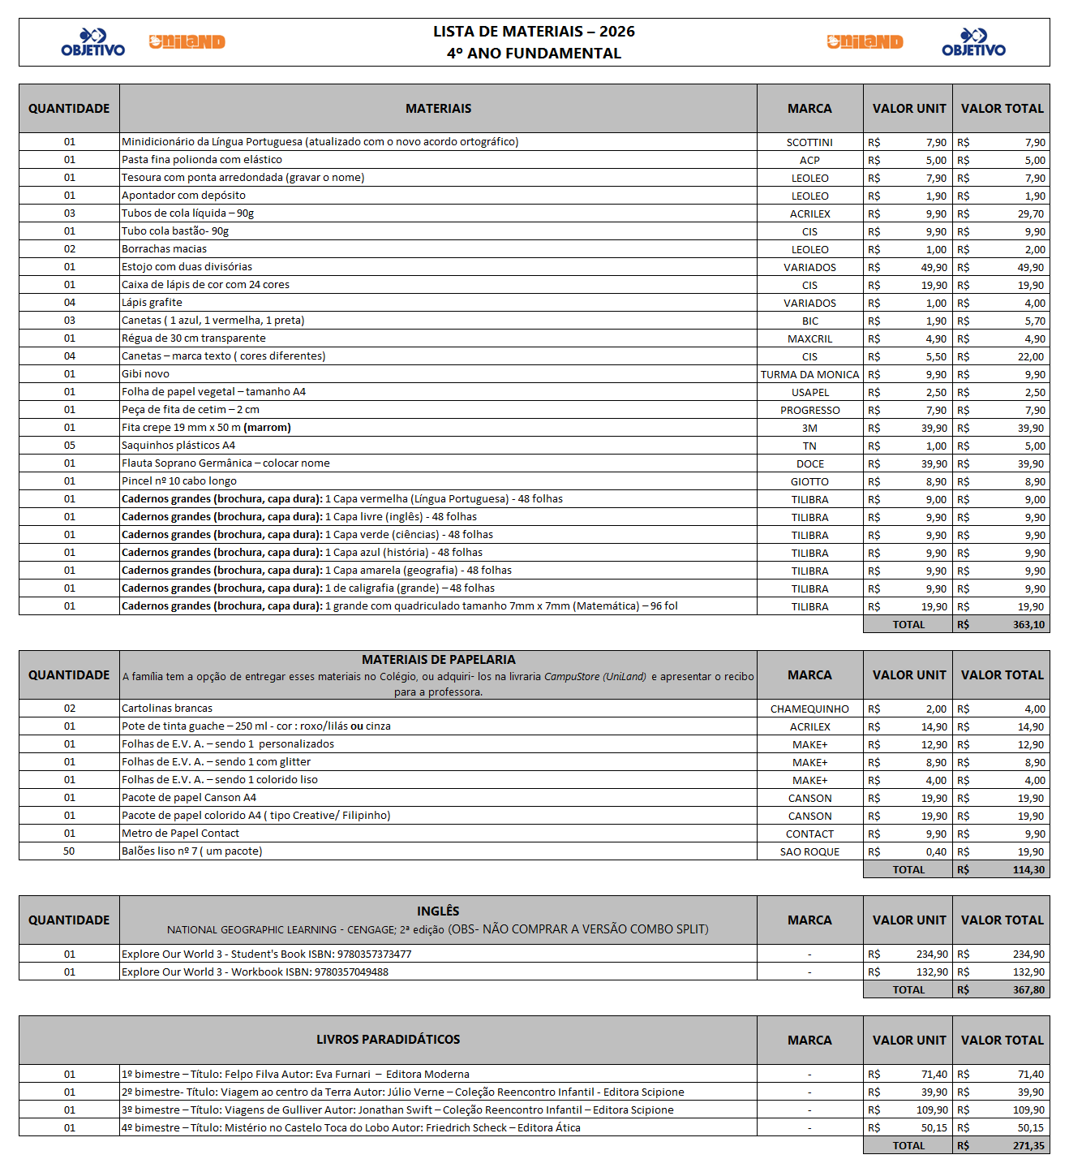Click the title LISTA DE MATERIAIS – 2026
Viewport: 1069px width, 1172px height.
coord(534,32)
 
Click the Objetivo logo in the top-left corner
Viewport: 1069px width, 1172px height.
coord(93,42)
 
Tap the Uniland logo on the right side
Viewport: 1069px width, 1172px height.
coord(865,42)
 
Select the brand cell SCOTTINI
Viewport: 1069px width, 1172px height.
coord(809,142)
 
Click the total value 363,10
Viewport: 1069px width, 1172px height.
coord(1028,625)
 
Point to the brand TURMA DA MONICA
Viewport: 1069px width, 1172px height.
coord(809,374)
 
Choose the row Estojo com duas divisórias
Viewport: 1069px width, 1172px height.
coord(187,267)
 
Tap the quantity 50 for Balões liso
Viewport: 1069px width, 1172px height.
coord(69,851)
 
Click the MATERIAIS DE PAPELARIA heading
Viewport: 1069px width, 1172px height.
coord(438,660)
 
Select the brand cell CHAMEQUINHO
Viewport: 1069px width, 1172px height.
coord(809,709)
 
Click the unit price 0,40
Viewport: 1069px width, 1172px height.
coord(936,851)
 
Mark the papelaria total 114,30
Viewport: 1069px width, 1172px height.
coord(1028,870)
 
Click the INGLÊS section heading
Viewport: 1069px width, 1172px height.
coord(438,911)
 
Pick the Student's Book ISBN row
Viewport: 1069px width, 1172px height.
coord(266,954)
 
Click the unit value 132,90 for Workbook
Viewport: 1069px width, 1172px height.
coord(932,972)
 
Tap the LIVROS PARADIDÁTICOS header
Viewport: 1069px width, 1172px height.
coord(388,1040)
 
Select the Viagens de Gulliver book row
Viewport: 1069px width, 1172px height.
coord(397,1110)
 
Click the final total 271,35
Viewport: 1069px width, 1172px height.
coord(1028,1146)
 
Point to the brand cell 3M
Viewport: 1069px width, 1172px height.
coord(809,428)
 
